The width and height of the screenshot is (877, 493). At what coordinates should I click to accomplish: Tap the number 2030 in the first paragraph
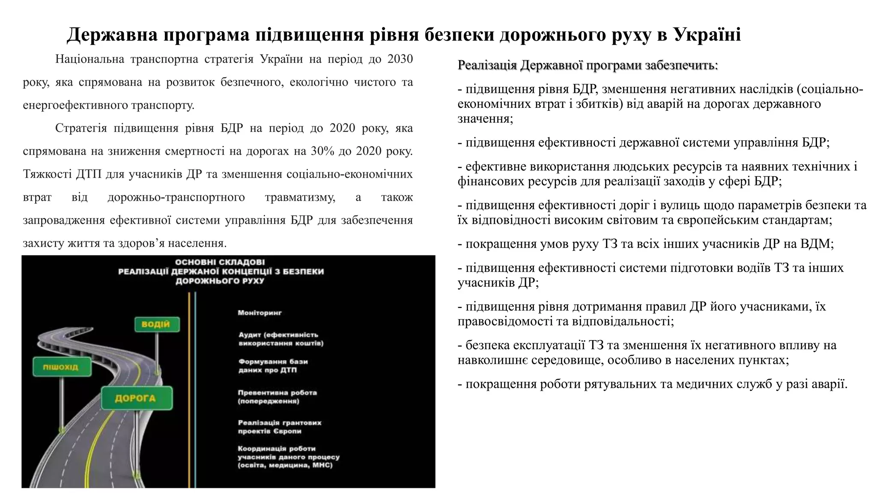click(x=400, y=59)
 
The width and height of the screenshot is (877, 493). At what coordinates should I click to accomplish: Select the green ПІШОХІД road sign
click(x=61, y=367)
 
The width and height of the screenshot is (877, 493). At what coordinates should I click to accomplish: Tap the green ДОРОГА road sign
click(x=136, y=398)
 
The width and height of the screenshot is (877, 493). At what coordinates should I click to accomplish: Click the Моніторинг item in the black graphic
click(x=260, y=313)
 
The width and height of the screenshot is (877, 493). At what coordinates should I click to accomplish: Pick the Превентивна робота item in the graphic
click(x=277, y=397)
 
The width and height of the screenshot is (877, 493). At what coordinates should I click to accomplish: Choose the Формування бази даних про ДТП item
click(x=273, y=365)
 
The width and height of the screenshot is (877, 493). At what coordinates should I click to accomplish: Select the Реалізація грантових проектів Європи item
click(x=279, y=427)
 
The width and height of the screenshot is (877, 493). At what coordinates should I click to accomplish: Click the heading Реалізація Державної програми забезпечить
click(x=588, y=65)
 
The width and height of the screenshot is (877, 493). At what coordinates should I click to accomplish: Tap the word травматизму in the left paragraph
click(x=300, y=197)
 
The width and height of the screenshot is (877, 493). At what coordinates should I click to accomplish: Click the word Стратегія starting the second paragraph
click(x=81, y=128)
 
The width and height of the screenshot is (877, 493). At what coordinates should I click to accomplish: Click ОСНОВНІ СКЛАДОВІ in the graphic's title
click(x=220, y=262)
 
